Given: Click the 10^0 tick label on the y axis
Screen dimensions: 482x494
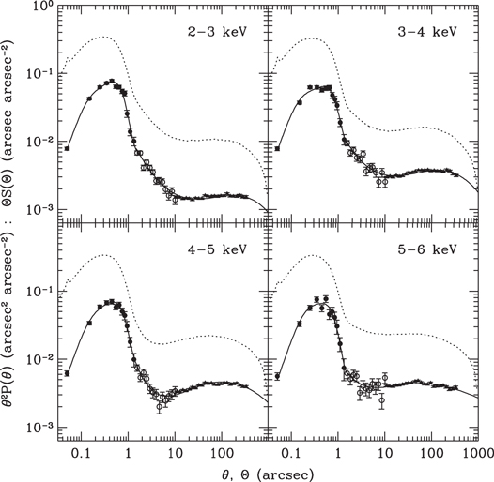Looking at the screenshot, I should click(x=39, y=8).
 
